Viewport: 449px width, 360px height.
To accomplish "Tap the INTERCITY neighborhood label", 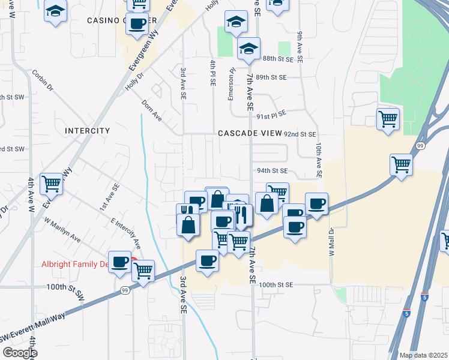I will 88,130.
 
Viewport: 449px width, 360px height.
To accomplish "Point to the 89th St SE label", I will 271,77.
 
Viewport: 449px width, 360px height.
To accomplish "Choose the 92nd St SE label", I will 300,134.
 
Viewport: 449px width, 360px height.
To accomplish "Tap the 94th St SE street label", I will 273,170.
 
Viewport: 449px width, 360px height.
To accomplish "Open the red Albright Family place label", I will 74,264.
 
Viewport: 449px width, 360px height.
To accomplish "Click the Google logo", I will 19,353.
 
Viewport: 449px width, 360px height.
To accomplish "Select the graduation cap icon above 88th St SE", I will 248,48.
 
